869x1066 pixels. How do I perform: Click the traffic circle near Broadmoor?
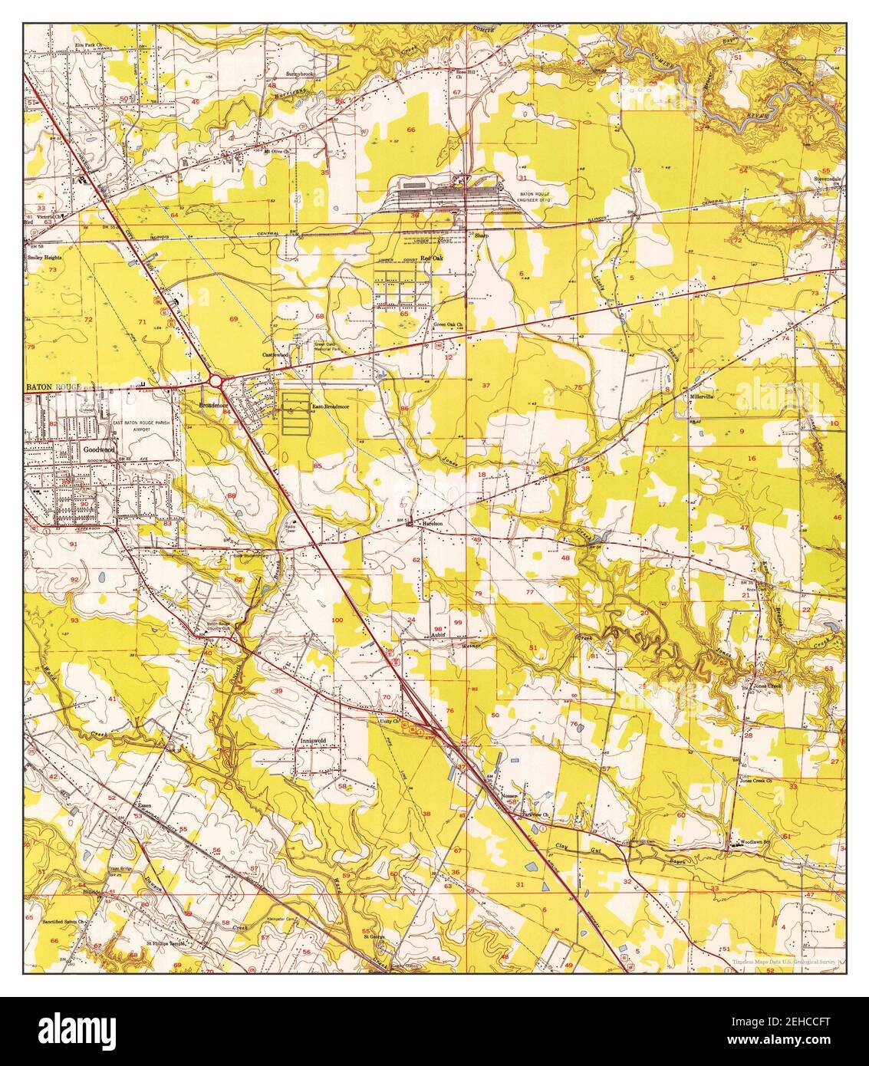tap(215, 380)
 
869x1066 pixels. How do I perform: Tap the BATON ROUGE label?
tap(52, 388)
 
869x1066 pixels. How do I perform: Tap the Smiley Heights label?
tap(44, 258)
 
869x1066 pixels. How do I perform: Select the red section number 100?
tap(337, 619)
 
